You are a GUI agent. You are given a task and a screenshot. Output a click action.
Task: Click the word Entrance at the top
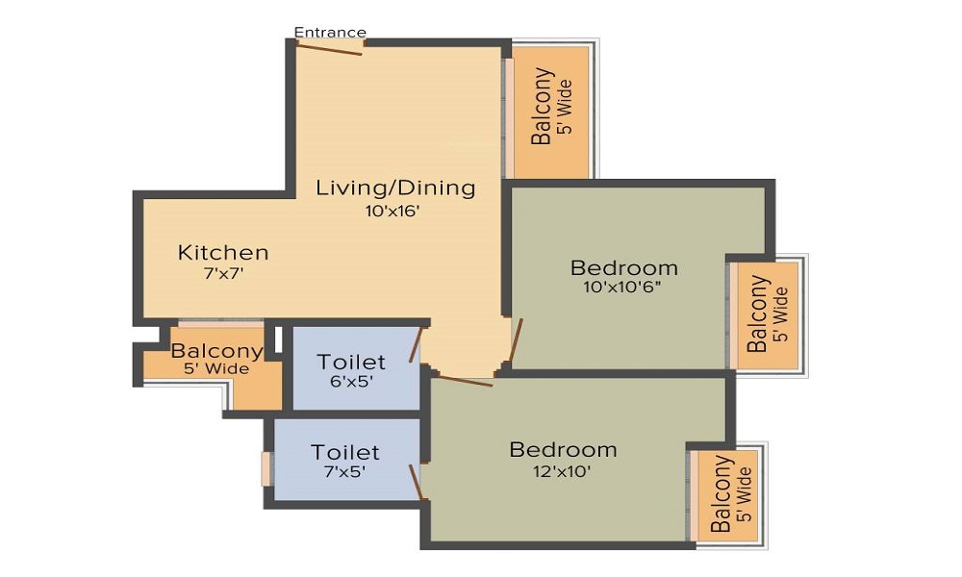(x=330, y=33)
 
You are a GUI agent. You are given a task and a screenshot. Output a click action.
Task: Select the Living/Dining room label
(x=395, y=188)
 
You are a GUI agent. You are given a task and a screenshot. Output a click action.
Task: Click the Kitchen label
(x=223, y=253)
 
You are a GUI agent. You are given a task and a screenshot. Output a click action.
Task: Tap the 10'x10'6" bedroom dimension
(x=623, y=287)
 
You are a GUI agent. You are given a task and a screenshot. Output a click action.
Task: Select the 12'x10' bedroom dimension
(x=563, y=471)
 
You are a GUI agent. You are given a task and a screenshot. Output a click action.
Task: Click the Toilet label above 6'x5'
(x=351, y=362)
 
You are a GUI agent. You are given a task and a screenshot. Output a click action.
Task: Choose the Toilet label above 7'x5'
(x=344, y=452)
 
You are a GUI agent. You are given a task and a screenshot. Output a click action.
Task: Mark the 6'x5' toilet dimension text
(x=351, y=381)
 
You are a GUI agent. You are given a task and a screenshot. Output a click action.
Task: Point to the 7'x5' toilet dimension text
(x=344, y=472)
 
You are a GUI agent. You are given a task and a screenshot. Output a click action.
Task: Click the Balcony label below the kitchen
(x=216, y=352)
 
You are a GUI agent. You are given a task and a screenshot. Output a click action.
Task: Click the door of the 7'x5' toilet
(x=417, y=481)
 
